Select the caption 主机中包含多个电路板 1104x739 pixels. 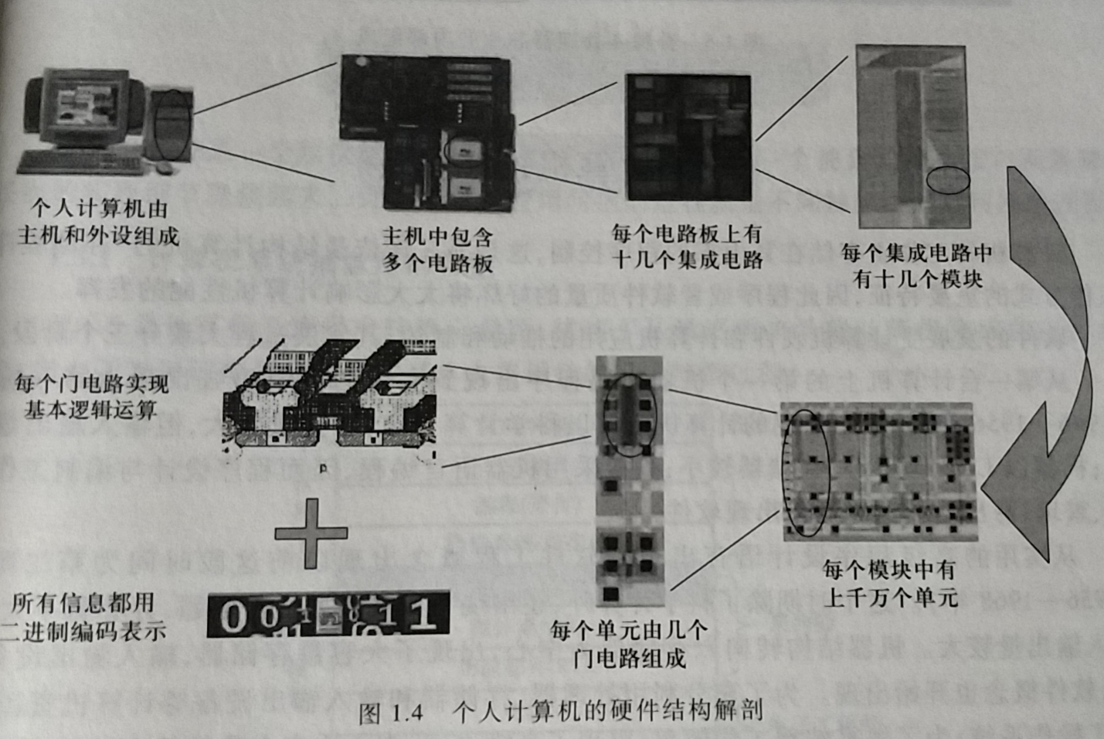(437, 250)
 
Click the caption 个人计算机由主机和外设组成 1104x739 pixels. (98, 222)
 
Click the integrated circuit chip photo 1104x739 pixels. (688, 138)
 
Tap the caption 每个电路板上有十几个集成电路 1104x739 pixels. (687, 247)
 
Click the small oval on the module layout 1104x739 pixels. (948, 180)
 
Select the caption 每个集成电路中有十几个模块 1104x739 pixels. (916, 266)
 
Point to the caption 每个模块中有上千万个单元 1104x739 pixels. (889, 584)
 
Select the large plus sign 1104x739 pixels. (311, 533)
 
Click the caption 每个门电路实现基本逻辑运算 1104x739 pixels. (91, 397)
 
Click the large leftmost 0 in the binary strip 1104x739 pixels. (233, 617)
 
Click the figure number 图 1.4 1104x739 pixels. (392, 712)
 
